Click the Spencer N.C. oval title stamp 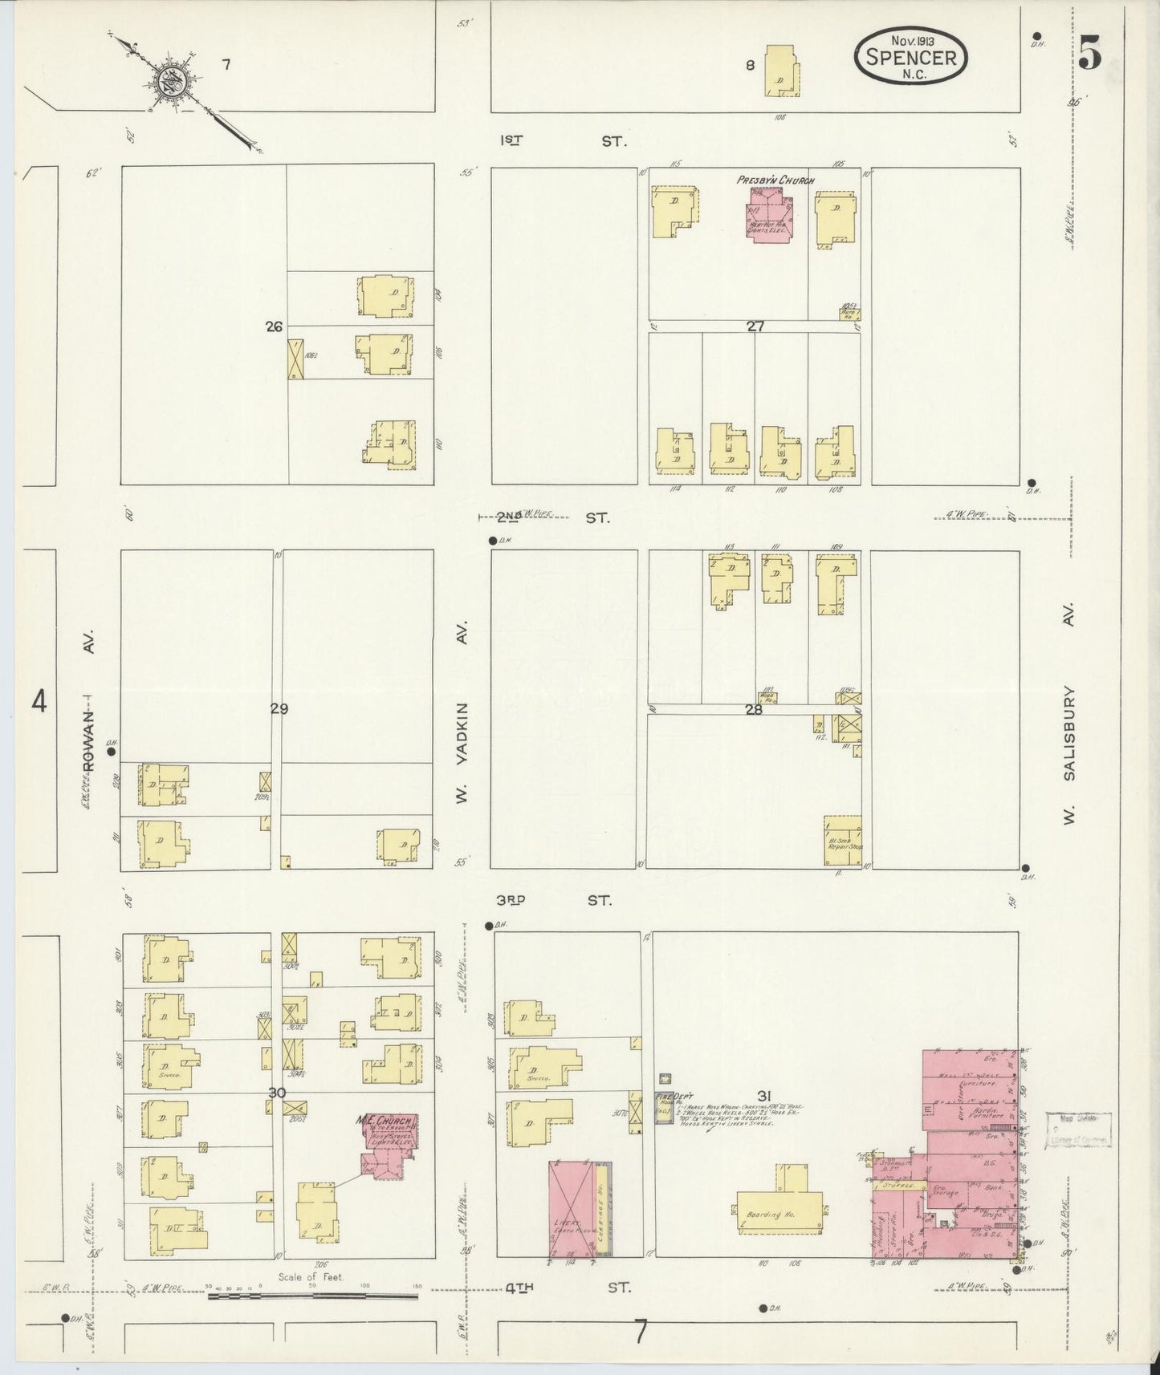point(911,55)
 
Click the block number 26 point(275,327)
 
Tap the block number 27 point(755,327)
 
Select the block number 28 point(753,709)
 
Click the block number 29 point(279,709)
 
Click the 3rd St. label point(553,900)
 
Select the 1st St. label point(561,140)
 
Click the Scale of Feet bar point(312,1295)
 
